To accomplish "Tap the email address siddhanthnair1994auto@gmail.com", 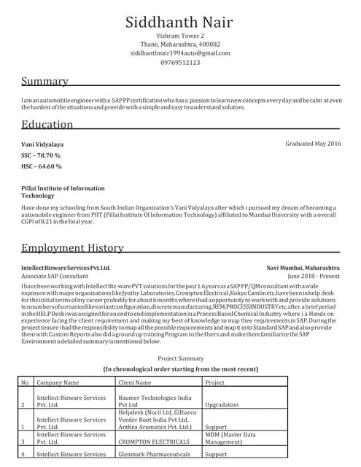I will point(180,53).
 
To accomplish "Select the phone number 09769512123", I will point(180,63).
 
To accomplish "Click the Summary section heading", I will point(44,81).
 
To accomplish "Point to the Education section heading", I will point(47,124).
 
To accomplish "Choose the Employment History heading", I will point(72,248).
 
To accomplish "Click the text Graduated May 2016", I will point(313,144).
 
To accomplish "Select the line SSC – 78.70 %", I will point(41,155).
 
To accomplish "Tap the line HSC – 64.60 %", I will point(42,166).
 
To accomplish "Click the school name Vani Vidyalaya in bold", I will point(42,144).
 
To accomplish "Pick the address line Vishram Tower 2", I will point(180,36).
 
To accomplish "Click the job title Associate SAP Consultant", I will point(55,277).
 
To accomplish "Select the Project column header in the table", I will point(214,382).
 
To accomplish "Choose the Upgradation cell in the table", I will point(222,404).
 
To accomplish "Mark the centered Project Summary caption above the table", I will point(181,358).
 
